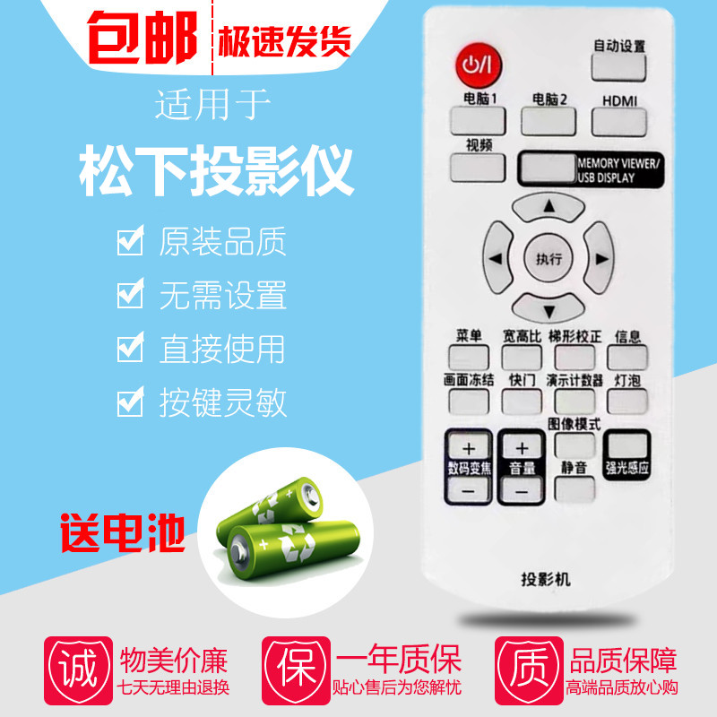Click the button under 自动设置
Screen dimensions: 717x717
tap(618, 69)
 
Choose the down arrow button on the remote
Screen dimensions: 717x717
tap(549, 309)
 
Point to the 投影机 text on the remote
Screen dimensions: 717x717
tap(545, 578)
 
